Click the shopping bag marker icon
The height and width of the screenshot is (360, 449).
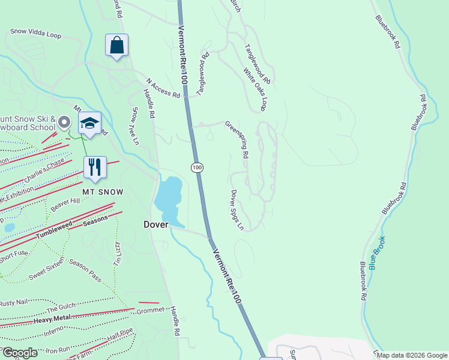[x=116, y=46]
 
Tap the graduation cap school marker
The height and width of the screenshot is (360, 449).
[x=89, y=124]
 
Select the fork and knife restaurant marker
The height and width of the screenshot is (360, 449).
[x=95, y=168]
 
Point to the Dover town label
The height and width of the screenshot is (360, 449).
[x=155, y=224]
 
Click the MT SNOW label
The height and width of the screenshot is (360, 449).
[x=103, y=192]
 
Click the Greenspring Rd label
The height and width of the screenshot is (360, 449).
[x=237, y=139]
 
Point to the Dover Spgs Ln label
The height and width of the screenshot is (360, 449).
[x=237, y=210]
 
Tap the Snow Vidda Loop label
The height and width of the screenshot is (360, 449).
[x=36, y=33]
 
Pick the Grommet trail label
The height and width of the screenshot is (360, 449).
[x=150, y=310]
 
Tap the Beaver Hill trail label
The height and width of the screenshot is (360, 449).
[x=65, y=205]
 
